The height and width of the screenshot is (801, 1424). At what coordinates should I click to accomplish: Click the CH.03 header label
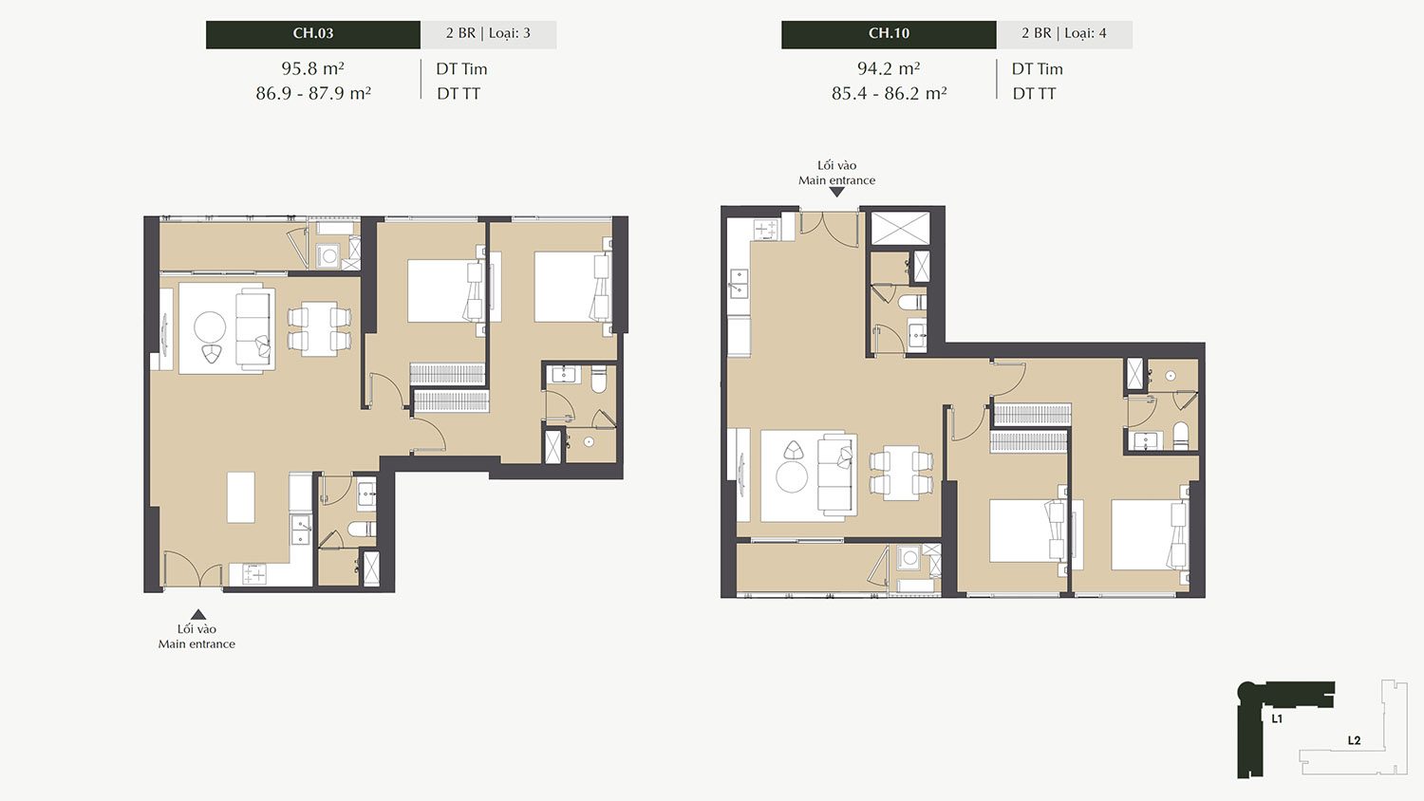pyautogui.click(x=312, y=34)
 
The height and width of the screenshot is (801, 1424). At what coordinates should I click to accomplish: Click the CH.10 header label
pyautogui.click(x=889, y=34)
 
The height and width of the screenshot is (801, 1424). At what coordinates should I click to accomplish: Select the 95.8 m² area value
pyautogui.click(x=312, y=68)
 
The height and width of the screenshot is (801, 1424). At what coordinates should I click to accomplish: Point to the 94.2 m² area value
pyautogui.click(x=889, y=68)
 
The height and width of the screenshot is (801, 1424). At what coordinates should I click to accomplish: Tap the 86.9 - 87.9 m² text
pyautogui.click(x=313, y=93)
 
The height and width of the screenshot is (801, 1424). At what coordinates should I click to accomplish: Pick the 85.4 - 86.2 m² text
pyautogui.click(x=890, y=93)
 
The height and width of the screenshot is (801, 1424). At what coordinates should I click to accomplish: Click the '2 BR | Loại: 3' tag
pyautogui.click(x=488, y=34)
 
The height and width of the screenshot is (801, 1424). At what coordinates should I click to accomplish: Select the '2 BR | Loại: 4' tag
pyautogui.click(x=1064, y=34)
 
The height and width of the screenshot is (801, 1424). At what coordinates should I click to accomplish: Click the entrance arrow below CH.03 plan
pyautogui.click(x=198, y=614)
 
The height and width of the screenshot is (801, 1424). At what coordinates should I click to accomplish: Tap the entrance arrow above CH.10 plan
pyautogui.click(x=837, y=192)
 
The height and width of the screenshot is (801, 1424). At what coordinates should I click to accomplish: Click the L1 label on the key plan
pyautogui.click(x=1277, y=719)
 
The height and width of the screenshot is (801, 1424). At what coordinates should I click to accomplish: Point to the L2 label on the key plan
pyautogui.click(x=1354, y=740)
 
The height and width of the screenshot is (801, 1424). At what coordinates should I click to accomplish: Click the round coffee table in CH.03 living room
pyautogui.click(x=210, y=327)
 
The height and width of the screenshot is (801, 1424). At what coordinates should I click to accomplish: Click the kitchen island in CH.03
pyautogui.click(x=241, y=497)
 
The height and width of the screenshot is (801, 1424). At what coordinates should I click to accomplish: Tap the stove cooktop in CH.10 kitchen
pyautogui.click(x=765, y=230)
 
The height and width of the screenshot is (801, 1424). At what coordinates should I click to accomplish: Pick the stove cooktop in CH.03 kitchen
pyautogui.click(x=254, y=575)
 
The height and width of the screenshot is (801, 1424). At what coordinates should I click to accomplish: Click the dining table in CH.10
pyautogui.click(x=901, y=473)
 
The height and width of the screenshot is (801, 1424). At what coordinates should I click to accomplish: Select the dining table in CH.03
pyautogui.click(x=319, y=328)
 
